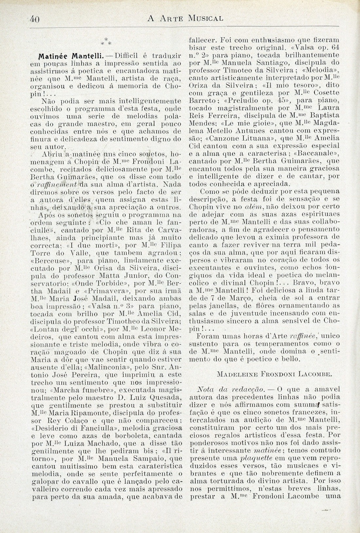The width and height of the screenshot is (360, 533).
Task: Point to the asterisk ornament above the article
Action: tap(106, 42)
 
